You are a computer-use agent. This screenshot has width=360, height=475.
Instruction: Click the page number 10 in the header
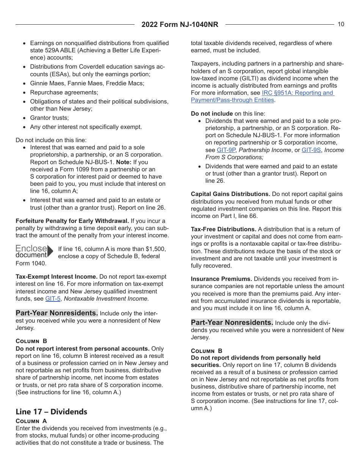tap(341, 24)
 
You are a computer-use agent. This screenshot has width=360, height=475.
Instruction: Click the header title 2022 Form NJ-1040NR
tap(180, 25)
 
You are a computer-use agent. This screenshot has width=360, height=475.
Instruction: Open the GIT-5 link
tap(53, 299)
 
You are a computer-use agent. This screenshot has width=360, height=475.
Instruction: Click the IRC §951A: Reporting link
tap(298, 93)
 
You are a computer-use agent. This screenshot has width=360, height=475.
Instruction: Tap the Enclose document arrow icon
tap(50, 251)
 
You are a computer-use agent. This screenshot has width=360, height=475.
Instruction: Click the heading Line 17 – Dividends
tap(51, 412)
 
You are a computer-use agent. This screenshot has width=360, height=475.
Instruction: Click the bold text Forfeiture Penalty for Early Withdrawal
tap(72, 221)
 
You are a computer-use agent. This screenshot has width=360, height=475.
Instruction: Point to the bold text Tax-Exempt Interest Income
tap(56, 277)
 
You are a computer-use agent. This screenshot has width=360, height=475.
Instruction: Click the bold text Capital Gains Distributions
tap(230, 194)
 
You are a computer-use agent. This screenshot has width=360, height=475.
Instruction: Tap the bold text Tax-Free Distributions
tap(224, 229)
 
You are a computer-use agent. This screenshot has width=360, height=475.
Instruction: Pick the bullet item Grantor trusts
tap(49, 118)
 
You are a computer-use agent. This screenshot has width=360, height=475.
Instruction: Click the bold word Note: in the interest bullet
tap(124, 162)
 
